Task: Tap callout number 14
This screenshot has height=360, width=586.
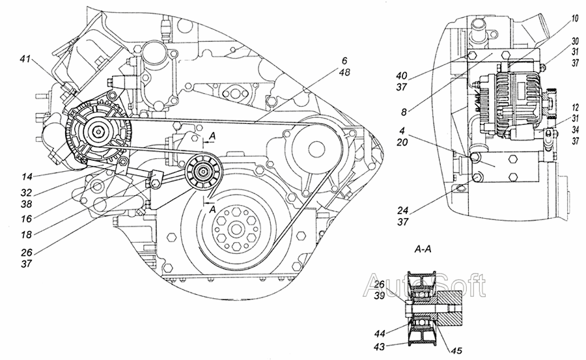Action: [27, 176]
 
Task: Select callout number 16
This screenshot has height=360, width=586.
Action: [26, 218]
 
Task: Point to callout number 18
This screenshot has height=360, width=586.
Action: [26, 234]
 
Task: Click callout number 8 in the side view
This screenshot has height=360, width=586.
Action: [403, 112]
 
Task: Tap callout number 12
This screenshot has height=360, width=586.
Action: [575, 107]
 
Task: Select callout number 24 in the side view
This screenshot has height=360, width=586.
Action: [403, 210]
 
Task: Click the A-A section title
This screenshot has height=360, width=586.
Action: [423, 249]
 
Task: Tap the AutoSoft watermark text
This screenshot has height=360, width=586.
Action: [425, 285]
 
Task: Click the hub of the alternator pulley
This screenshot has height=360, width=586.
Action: [98, 132]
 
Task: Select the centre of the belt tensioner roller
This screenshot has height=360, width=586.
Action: [203, 171]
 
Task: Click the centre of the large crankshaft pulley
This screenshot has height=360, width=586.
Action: [234, 227]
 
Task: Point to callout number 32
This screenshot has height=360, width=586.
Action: [27, 193]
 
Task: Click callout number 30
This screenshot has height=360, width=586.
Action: [575, 41]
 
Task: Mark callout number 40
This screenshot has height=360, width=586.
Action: [402, 76]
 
